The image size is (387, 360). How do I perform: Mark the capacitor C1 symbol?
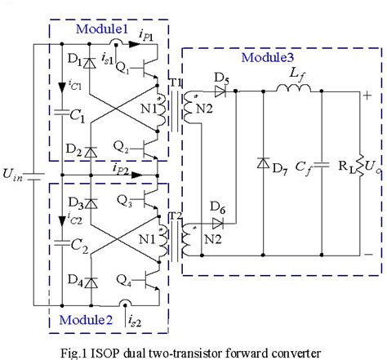pyautogui.click(x=61, y=114)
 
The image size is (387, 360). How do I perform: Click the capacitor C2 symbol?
pyautogui.click(x=61, y=242)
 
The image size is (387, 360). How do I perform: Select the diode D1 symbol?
pyautogui.click(x=89, y=60)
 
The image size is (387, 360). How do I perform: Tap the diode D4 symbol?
pyautogui.click(x=89, y=283)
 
